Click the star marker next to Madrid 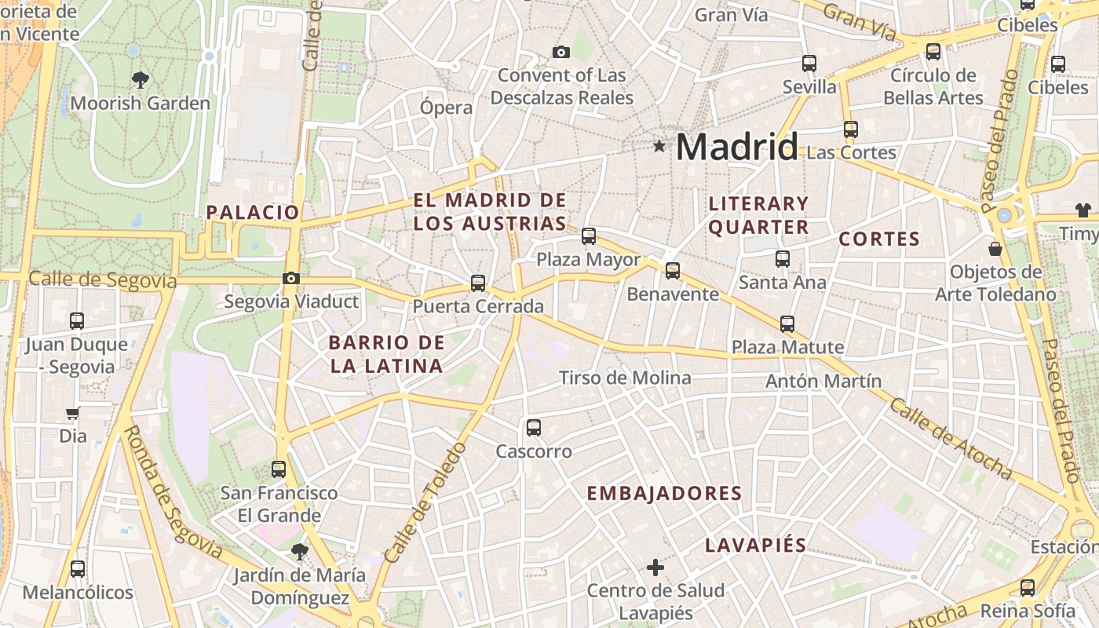[x=659, y=145]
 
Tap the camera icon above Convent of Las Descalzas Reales [x=560, y=52]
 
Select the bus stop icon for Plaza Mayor [x=588, y=235]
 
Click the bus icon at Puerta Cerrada [x=477, y=283]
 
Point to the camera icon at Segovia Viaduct [x=290, y=278]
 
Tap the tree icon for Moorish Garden [x=141, y=79]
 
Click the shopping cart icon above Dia [x=73, y=413]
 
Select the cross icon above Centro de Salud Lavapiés [x=655, y=567]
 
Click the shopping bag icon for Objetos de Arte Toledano [x=995, y=249]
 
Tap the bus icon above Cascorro [x=534, y=428]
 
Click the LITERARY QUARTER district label [x=758, y=215]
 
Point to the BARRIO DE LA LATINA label [x=386, y=354]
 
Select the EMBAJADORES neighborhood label [x=664, y=493]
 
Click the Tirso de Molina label [x=625, y=378]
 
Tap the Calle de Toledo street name [x=425, y=502]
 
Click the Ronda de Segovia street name [x=173, y=492]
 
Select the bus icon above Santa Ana [x=782, y=258]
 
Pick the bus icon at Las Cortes [x=850, y=130]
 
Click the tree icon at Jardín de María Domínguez [x=298, y=552]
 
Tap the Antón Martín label [x=823, y=382]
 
